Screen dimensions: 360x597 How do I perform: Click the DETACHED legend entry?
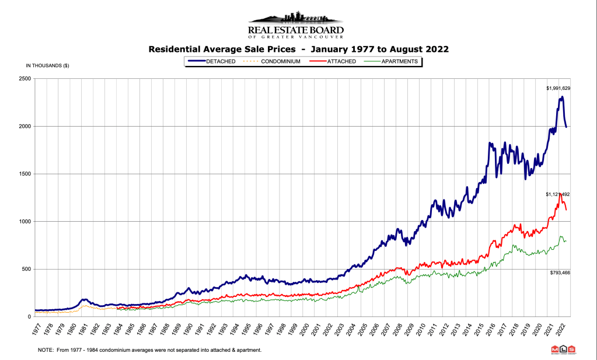219,61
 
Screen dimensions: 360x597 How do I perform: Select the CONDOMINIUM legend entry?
278,61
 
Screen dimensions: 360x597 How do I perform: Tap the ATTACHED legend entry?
340,61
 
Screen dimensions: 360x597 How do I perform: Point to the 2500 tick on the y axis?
26,79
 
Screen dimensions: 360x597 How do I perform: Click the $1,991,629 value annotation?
558,88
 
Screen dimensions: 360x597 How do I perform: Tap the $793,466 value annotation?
558,272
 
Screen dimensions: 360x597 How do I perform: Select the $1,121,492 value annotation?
557,194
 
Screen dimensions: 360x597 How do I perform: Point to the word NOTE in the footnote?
46,350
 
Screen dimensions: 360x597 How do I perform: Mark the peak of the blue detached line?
561,97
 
